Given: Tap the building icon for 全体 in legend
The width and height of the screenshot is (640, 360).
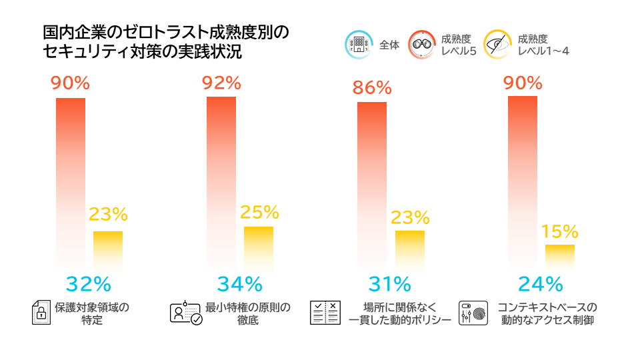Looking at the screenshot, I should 358,44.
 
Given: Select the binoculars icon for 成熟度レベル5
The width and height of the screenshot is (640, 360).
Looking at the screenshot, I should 422,44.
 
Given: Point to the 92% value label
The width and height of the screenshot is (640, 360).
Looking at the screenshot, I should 221,83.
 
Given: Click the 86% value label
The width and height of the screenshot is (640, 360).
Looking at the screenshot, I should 372,88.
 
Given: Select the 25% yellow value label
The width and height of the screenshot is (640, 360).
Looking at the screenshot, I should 259,212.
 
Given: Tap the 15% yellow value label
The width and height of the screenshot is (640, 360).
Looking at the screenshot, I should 559,231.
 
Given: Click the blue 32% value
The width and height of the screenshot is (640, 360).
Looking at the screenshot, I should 89,284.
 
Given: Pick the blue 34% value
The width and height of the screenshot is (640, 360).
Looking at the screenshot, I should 240,284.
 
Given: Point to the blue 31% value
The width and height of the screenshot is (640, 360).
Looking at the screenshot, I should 390,284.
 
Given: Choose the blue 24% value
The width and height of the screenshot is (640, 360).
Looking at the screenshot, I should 541,284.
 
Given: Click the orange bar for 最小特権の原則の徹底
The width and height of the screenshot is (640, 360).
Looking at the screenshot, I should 221,180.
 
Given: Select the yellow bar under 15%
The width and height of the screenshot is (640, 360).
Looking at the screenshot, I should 560,257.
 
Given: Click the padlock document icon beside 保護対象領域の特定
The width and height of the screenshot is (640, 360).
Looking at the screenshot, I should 43,313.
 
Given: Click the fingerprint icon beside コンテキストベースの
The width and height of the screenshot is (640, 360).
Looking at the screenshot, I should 474,313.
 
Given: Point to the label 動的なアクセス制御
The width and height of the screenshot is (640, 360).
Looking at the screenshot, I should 547,320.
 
